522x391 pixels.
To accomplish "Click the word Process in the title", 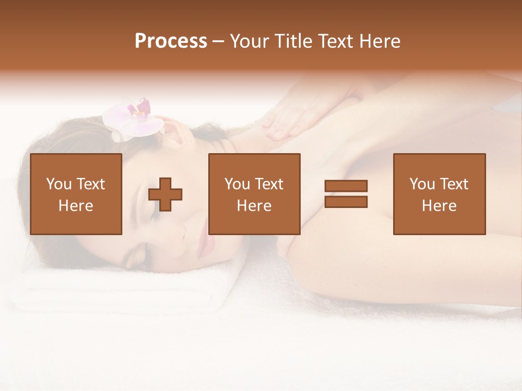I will pyautogui.click(x=171, y=41).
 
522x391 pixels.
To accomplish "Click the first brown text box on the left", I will pyautogui.click(x=76, y=194).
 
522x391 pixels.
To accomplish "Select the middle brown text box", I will pyautogui.click(x=254, y=194).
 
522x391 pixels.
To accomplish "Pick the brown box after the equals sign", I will pyautogui.click(x=439, y=194).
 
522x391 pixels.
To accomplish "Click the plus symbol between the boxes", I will pyautogui.click(x=165, y=194).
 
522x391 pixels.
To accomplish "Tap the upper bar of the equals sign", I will pyautogui.click(x=346, y=186).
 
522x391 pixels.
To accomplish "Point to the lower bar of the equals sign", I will pyautogui.click(x=346, y=201).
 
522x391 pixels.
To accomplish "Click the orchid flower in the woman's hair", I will pyautogui.click(x=136, y=118).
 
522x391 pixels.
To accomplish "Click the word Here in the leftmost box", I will pyautogui.click(x=76, y=206).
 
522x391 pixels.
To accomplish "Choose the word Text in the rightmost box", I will pyautogui.click(x=453, y=184).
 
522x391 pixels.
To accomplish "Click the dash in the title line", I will pyautogui.click(x=219, y=42).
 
